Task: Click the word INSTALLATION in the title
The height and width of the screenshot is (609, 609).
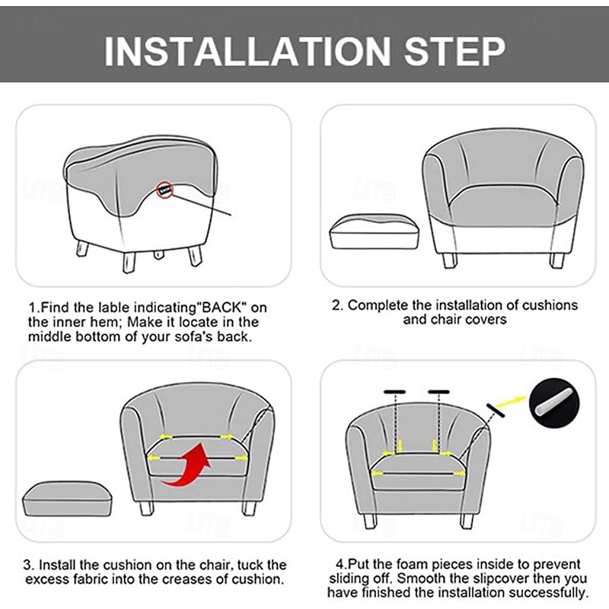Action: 247,51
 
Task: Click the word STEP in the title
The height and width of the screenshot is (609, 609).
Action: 454,51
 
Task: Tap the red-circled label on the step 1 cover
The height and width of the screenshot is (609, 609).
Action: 164,190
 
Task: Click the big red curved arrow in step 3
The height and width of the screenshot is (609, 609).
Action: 187,465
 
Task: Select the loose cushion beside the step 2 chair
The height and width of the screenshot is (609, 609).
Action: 375,231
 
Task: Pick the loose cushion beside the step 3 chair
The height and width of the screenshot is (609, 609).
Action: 68,499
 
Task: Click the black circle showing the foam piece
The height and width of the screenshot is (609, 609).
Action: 554,403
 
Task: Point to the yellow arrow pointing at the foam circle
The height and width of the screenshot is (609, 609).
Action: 512,402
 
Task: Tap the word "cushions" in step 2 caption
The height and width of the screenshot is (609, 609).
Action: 550,305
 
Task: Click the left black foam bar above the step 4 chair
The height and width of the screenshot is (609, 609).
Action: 395,392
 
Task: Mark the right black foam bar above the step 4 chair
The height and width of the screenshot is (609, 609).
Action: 439,392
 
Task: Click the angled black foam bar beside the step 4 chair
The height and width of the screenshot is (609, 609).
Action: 496,410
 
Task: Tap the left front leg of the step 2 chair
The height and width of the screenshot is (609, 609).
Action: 450,260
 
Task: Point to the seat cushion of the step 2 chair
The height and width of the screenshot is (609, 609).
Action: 503,206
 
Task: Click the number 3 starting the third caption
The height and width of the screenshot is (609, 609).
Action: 27,565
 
